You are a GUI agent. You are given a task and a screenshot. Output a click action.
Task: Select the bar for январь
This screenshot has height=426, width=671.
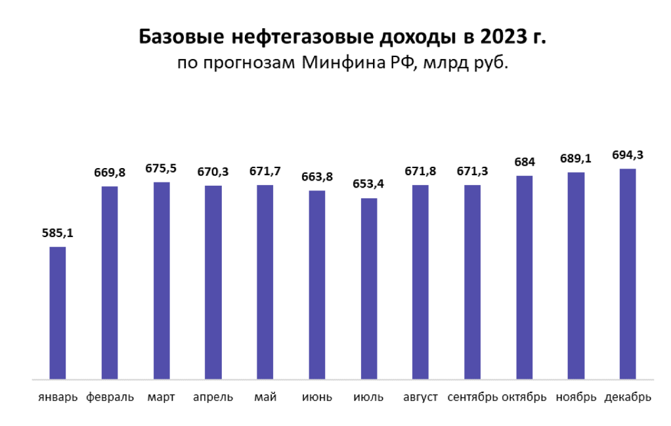(x=58, y=313)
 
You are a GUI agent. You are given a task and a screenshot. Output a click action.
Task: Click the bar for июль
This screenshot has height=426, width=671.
(x=369, y=289)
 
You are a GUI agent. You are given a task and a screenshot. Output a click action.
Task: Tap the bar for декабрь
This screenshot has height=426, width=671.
(x=628, y=274)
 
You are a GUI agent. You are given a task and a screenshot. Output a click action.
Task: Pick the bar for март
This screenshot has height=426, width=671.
(x=162, y=281)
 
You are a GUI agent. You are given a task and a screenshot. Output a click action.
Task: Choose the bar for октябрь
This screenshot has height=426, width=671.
(x=524, y=278)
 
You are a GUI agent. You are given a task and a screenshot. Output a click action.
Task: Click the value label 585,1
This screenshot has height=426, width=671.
(x=58, y=233)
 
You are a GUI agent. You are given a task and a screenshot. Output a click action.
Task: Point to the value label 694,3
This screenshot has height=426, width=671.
(x=628, y=155)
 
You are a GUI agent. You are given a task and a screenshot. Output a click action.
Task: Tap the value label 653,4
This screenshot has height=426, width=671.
(x=369, y=184)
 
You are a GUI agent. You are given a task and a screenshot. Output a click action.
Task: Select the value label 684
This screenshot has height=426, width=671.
(x=524, y=162)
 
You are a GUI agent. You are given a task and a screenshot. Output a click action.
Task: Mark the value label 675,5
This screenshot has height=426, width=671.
(x=162, y=168)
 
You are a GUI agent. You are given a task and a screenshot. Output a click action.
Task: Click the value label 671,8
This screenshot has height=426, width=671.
(x=421, y=171)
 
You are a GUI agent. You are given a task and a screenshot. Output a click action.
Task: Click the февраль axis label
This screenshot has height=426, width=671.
(x=110, y=397)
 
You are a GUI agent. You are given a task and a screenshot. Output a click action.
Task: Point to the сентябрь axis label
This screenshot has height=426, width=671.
(x=472, y=397)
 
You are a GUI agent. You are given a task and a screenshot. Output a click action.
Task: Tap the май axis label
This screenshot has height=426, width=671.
(x=265, y=397)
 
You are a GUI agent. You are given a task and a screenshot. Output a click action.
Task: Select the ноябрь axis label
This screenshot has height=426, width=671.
(x=576, y=397)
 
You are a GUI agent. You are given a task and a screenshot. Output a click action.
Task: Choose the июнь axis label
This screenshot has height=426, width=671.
(x=317, y=397)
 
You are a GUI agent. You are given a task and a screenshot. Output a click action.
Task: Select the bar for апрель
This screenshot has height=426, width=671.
(x=213, y=283)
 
